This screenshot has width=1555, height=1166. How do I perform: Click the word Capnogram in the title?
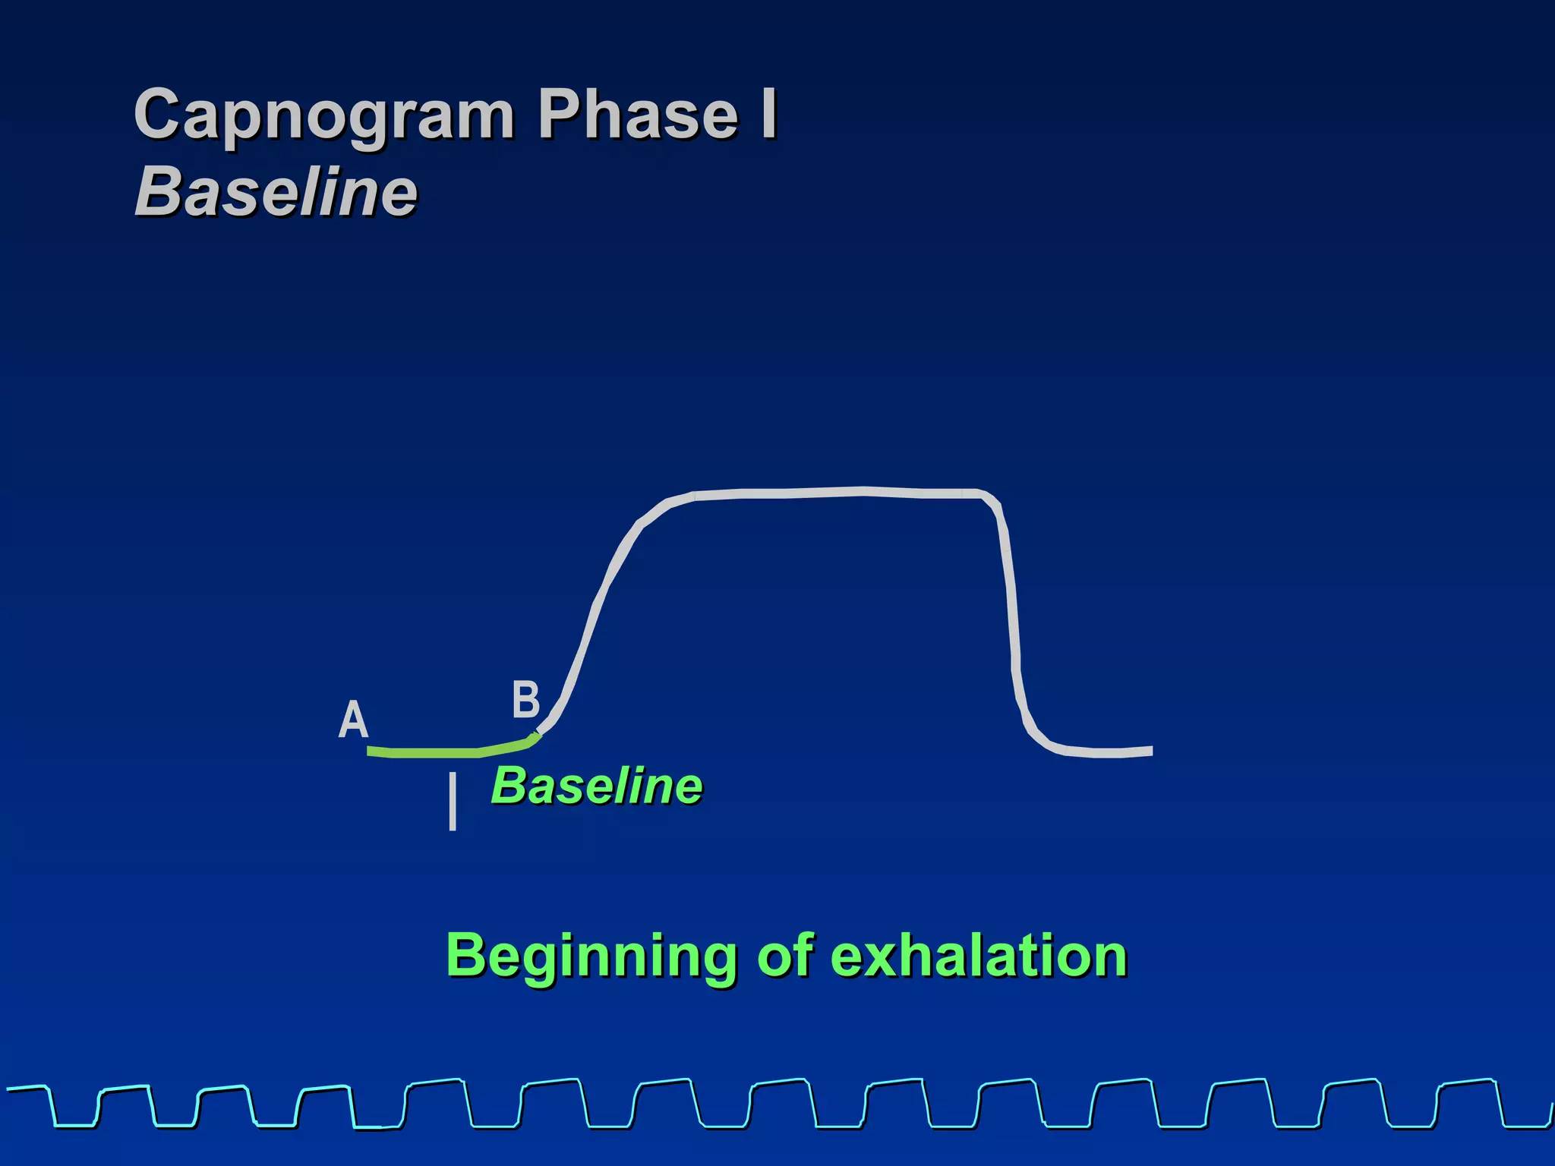click(x=324, y=115)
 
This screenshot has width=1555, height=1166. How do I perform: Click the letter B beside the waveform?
click(x=525, y=699)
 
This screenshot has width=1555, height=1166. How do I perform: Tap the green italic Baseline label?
click(x=597, y=786)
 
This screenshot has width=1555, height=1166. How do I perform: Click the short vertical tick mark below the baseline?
click(x=453, y=802)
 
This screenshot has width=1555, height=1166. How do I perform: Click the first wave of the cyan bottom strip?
click(x=53, y=1105)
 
